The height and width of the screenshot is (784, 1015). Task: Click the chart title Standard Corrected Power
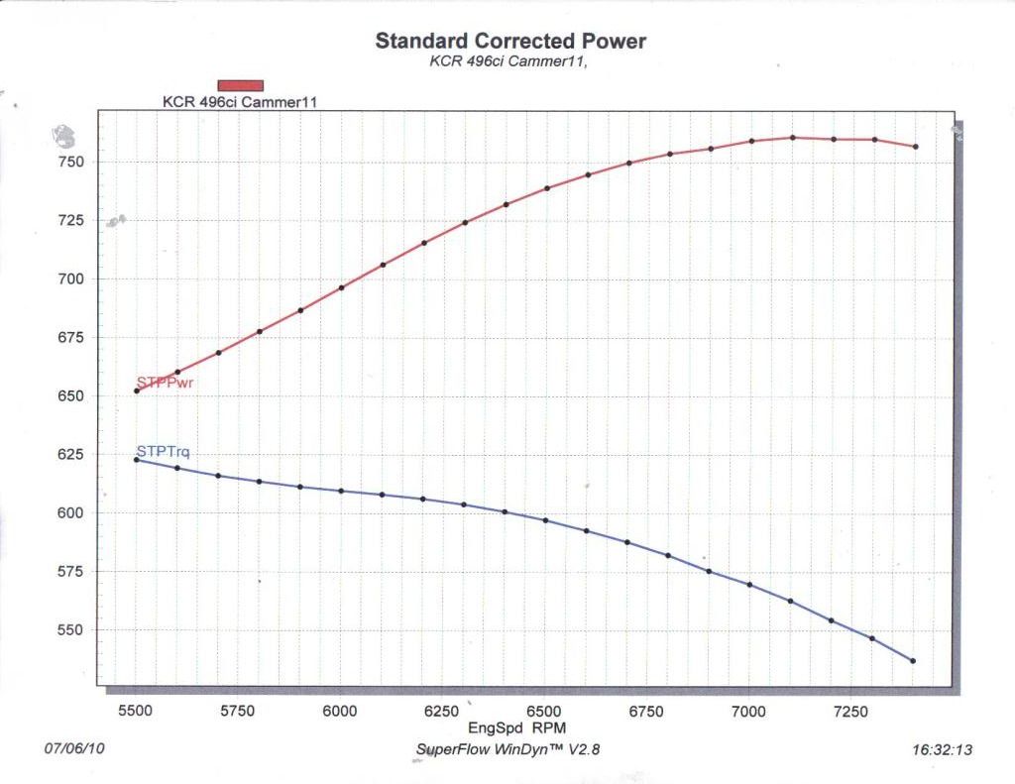[510, 42]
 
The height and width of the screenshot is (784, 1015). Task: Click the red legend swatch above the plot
[241, 85]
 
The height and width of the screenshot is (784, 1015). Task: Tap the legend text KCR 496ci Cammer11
[240, 101]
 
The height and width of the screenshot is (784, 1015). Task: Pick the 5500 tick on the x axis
[136, 711]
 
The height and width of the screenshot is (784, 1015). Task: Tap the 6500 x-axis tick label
[544, 711]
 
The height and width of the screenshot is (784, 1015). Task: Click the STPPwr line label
[165, 384]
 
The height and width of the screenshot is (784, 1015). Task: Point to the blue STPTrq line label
[163, 453]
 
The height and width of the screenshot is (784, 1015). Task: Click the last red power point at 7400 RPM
[915, 147]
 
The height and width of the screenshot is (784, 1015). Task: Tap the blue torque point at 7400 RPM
[913, 661]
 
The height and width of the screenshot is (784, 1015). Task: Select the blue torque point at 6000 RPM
[341, 491]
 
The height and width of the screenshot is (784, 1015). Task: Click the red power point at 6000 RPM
[341, 288]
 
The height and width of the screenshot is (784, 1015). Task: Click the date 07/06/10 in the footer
[74, 749]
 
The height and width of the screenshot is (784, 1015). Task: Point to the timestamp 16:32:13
[942, 750]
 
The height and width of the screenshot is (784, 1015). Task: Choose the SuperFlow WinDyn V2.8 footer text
[507, 749]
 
